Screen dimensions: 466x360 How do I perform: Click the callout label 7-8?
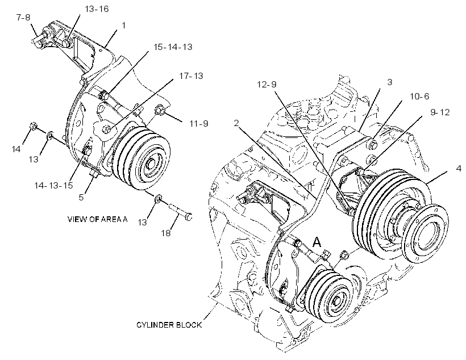(23, 18)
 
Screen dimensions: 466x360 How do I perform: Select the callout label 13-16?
(97, 9)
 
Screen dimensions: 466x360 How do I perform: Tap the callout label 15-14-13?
(173, 47)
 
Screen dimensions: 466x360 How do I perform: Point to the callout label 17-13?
(191, 76)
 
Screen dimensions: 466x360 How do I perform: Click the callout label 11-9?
(199, 123)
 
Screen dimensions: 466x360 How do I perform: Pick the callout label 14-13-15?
(53, 186)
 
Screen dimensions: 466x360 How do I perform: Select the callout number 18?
(166, 233)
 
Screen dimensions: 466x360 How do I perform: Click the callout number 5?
(81, 198)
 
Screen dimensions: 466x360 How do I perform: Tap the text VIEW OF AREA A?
(98, 220)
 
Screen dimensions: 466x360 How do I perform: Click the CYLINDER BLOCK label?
(169, 325)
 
